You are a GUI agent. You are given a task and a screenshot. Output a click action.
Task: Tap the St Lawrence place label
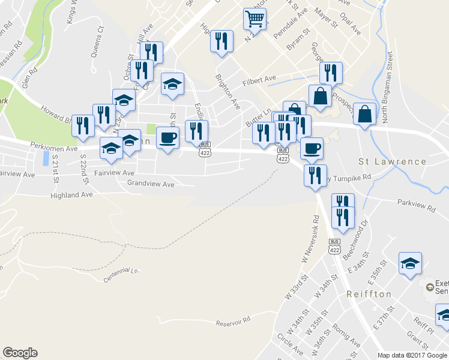[392, 161]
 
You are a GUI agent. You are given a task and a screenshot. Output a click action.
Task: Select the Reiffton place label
[369, 294]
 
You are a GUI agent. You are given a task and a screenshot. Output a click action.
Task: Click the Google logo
[20, 353]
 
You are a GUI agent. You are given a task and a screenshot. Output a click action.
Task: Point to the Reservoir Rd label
[232, 322]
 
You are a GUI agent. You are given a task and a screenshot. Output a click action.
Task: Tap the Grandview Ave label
[151, 184]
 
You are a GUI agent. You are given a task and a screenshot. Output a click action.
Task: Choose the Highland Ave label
[71, 195]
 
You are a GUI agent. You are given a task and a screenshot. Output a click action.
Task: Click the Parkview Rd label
[415, 206]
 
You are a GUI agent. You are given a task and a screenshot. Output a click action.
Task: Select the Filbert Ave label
[259, 79]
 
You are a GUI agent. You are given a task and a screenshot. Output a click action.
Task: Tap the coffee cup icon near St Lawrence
[311, 148]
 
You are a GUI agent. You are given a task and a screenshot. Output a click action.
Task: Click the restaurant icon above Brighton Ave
[221, 41]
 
